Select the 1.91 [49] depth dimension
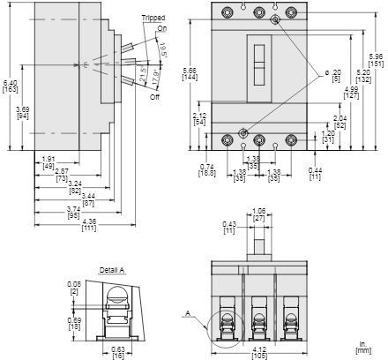(x=49, y=162)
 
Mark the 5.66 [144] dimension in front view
(x=189, y=73)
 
